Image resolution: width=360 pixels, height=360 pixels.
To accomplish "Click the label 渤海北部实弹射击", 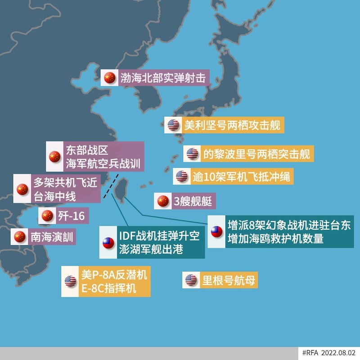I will coord(161,77).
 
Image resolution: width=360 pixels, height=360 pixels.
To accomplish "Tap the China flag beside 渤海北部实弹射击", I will coord(110,77).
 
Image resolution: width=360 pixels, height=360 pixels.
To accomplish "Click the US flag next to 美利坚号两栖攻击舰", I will coord(173,125).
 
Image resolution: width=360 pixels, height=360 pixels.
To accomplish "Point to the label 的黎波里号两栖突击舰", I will coord(256,153).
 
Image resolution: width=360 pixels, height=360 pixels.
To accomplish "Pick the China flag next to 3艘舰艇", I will coord(163,201).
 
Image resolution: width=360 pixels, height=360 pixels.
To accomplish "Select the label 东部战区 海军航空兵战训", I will coord(103,156).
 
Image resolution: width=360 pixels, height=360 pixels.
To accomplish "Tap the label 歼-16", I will coord(71,216).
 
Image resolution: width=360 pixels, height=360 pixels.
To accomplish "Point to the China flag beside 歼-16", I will coord(47,216).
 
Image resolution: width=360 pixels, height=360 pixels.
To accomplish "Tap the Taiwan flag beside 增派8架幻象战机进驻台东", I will coord(217,231).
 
